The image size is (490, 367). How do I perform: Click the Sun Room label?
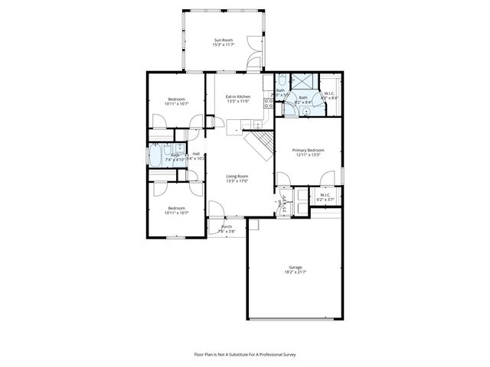[x=223, y=40]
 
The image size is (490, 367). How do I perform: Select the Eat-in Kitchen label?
[x=237, y=96]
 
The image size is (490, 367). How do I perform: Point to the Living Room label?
[x=237, y=177]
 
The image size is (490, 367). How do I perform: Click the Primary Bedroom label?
[x=309, y=150]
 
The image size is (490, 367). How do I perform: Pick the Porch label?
[x=227, y=226]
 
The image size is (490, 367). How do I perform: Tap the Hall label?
[x=196, y=154]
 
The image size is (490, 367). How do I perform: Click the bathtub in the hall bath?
[x=159, y=156]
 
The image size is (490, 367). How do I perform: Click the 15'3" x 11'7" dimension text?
[x=223, y=45]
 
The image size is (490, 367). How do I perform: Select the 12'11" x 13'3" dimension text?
[x=309, y=155]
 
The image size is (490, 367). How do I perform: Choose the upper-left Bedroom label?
[x=176, y=99]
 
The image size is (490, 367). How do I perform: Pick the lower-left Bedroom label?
[x=176, y=208]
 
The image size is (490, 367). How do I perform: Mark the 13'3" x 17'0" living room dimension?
[x=237, y=182]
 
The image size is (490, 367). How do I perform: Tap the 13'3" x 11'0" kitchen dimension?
[x=237, y=102]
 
